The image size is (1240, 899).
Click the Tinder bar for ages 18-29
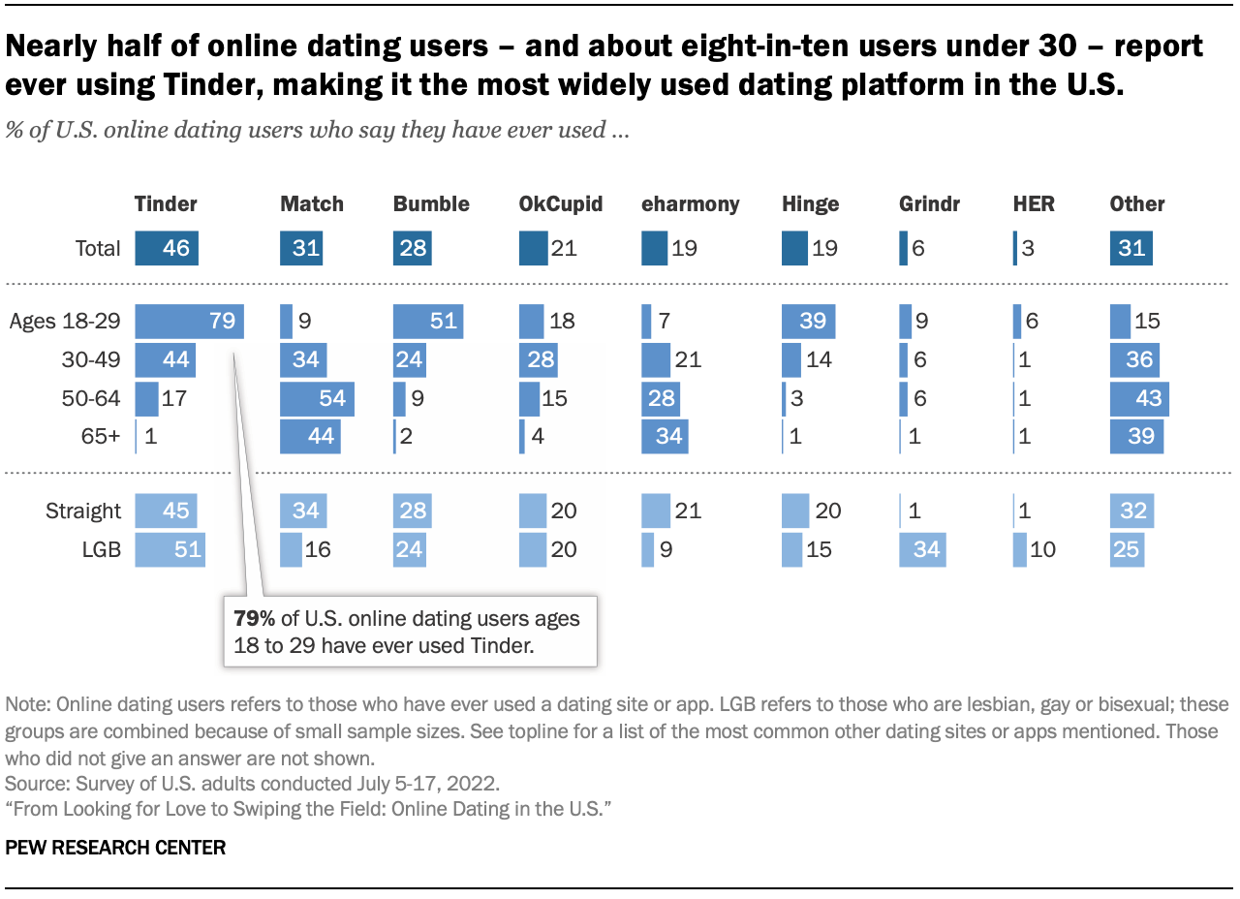pos(189,322)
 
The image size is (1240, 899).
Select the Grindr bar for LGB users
pos(921,550)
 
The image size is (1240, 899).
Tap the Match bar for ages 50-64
pos(317,399)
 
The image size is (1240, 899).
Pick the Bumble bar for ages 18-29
pos(428,322)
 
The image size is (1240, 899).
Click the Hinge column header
pos(810,204)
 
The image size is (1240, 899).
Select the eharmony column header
pos(690,204)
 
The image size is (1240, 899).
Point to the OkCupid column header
pos(561,204)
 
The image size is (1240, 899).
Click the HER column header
pos(1033,204)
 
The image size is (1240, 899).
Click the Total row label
pos(98,249)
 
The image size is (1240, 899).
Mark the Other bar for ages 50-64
pos(1139,399)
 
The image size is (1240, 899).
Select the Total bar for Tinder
pos(167,249)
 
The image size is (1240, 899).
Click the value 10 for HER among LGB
pos(1043,550)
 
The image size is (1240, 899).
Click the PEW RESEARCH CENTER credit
pos(115,848)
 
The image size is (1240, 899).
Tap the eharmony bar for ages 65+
pos(665,437)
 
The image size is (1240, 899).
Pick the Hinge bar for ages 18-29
pos(808,322)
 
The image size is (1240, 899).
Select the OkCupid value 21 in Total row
pos(563,249)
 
